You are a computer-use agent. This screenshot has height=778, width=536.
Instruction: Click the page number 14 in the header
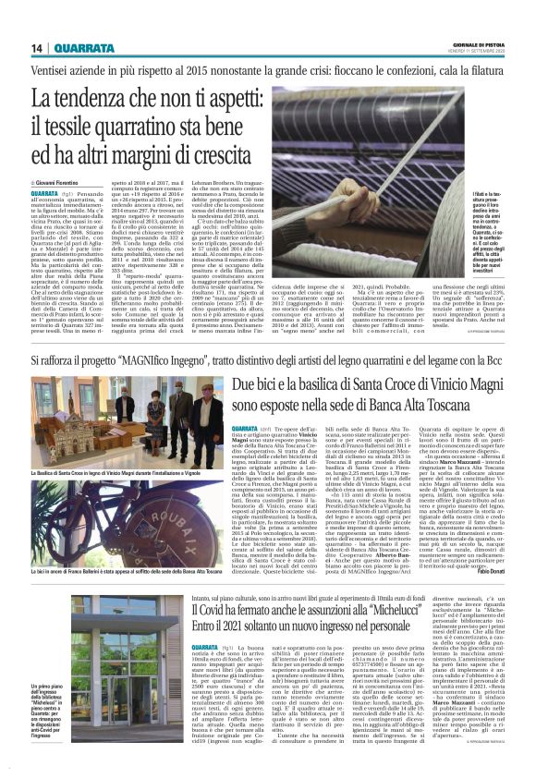(x=37, y=48)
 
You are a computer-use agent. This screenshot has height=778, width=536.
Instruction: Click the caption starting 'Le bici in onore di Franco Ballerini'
(x=124, y=545)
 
